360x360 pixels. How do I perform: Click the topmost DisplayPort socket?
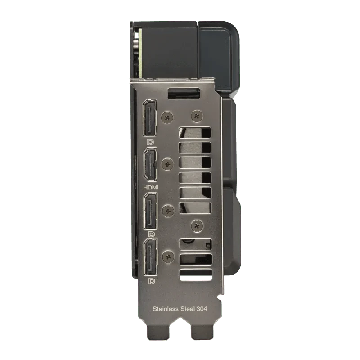pos(150,118)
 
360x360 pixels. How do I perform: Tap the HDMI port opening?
pos(150,165)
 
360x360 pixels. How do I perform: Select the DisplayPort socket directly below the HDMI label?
pos(150,211)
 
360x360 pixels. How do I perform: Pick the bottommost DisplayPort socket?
pos(150,257)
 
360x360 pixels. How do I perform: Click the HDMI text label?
pos(151,188)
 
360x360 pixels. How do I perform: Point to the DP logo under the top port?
pos(151,142)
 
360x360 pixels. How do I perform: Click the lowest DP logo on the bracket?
pos(151,281)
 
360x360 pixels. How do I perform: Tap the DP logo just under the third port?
pos(151,234)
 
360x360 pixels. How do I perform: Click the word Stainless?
pos(166,309)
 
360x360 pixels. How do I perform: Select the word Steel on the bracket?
pos(188,309)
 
